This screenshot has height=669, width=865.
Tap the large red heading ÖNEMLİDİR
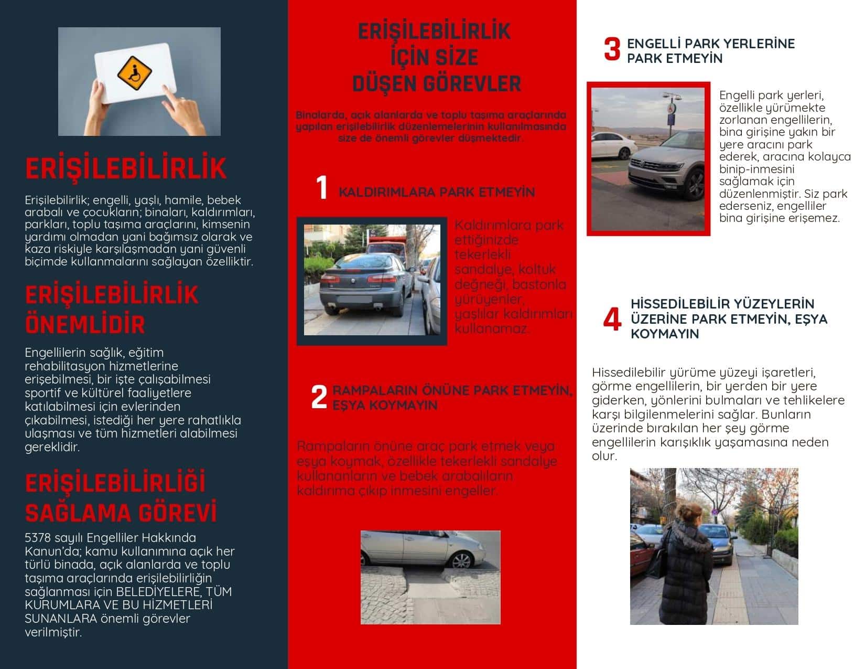click(x=85, y=324)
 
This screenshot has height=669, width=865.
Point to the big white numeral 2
click(x=319, y=397)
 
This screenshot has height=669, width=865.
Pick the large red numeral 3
click(x=612, y=49)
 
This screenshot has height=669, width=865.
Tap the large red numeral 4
click(x=612, y=319)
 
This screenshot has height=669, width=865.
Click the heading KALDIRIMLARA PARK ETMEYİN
click(x=436, y=192)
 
